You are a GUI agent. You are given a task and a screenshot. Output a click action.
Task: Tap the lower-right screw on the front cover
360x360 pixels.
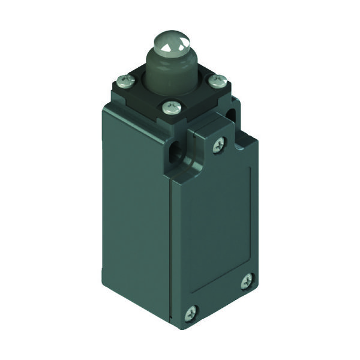pos(247,280)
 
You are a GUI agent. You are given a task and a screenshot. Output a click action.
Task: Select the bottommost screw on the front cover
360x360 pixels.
pos(191,311)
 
